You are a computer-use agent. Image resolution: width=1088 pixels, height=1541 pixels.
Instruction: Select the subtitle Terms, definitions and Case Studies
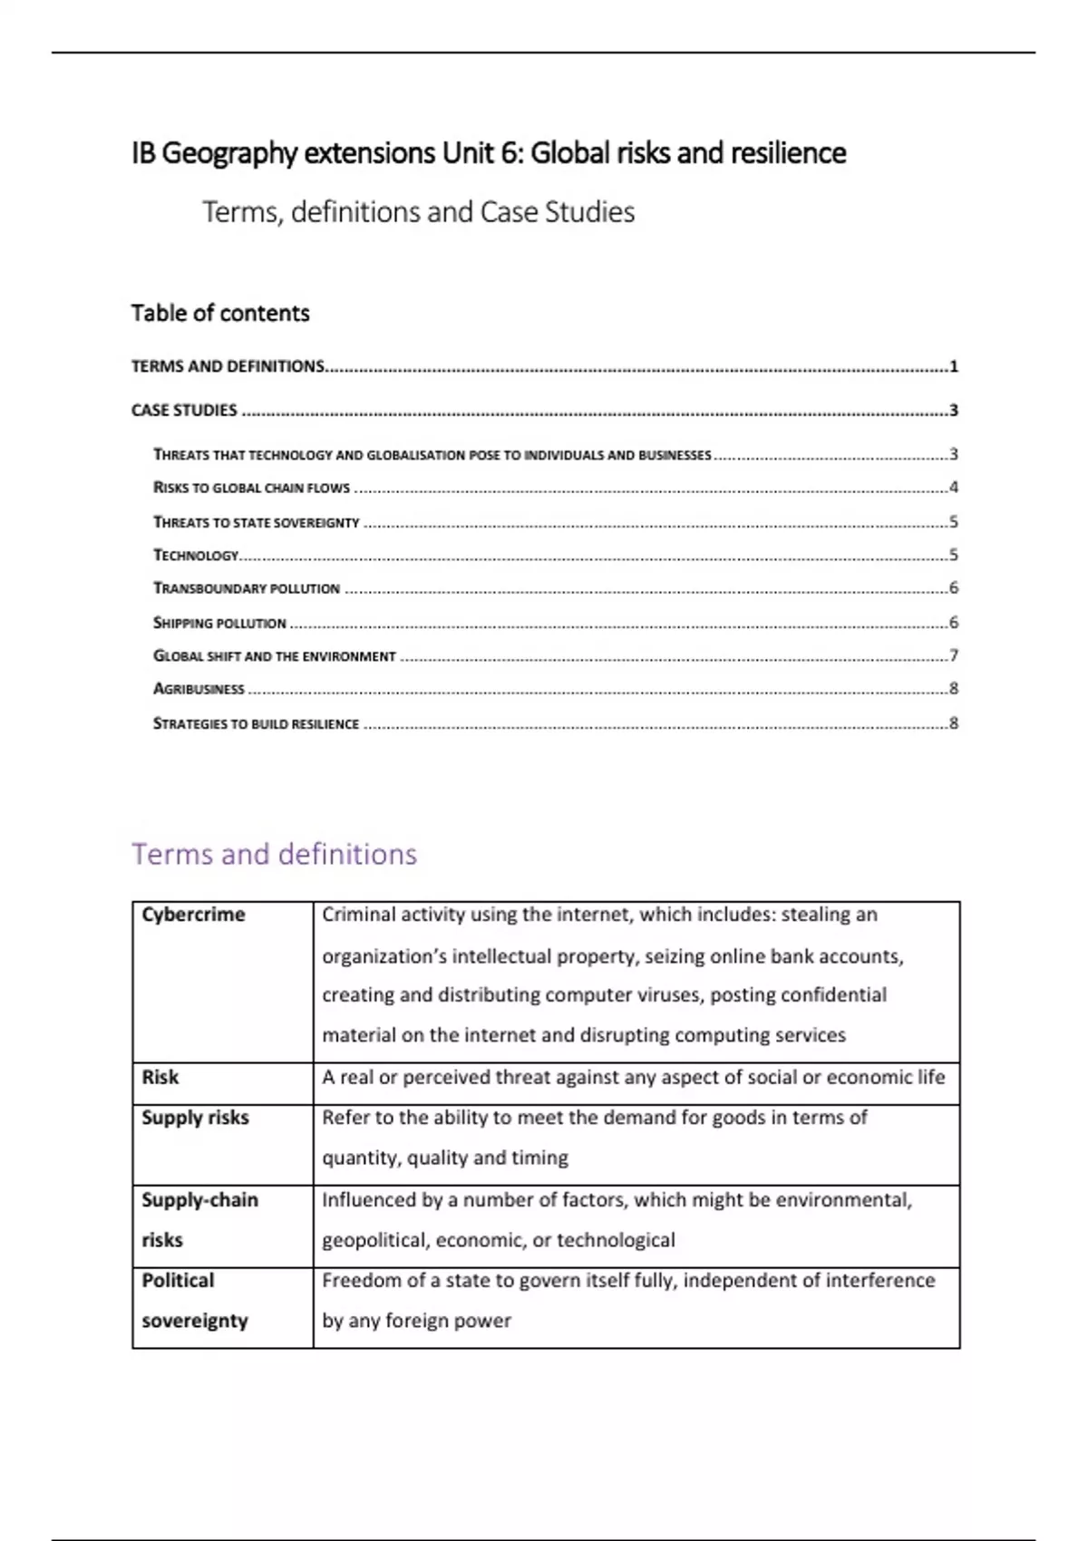coord(418,212)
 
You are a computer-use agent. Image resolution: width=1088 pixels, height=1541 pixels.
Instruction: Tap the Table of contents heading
coord(220,314)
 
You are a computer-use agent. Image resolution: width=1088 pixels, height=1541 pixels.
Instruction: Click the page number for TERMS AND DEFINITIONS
coord(953,366)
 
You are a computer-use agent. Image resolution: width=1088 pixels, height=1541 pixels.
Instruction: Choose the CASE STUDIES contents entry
coord(184,411)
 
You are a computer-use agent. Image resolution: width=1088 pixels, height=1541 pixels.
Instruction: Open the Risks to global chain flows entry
coord(251,488)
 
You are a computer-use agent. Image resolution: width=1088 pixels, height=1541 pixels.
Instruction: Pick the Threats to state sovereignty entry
coord(256,522)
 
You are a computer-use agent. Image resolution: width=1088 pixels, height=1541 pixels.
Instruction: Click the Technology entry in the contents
coord(195,555)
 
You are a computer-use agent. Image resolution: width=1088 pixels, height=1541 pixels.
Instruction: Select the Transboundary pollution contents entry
coord(246,588)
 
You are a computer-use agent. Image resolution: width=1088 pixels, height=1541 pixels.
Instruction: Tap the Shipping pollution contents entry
coord(219,623)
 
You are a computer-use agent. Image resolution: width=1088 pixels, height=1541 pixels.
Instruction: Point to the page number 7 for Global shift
coord(953,655)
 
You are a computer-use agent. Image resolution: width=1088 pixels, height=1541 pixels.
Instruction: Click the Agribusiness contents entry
coord(199,689)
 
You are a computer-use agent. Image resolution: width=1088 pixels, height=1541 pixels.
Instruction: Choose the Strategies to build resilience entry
coord(256,723)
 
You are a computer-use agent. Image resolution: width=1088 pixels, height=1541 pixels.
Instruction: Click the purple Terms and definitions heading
coord(274,854)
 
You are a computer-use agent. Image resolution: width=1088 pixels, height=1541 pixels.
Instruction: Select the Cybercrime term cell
coord(193,915)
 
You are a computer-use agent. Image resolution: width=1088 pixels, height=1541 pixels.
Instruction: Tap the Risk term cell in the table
coord(160,1078)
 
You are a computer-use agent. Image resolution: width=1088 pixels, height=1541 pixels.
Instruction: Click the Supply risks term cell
coord(195,1118)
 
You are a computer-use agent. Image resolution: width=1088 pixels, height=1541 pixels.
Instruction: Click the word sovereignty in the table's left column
coord(194,1321)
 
